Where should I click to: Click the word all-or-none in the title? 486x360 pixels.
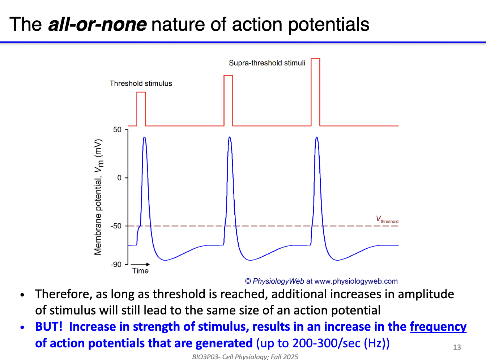[x=97, y=25]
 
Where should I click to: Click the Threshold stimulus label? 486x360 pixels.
[x=141, y=83]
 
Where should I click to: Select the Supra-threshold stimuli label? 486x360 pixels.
[x=267, y=63]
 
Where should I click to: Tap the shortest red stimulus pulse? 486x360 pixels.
[x=141, y=108]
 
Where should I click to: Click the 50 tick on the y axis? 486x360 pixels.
[x=117, y=129]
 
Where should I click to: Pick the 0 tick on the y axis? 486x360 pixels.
[x=119, y=178]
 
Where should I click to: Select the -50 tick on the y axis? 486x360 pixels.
[x=116, y=226]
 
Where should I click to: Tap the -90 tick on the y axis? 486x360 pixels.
[x=116, y=265]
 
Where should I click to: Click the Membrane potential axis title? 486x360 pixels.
[x=98, y=197]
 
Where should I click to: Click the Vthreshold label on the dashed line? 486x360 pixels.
[x=387, y=219]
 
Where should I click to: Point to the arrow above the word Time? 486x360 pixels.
[x=140, y=264]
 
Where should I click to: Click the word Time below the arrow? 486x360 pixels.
[x=140, y=271]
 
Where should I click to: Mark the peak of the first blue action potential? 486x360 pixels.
[x=144, y=138]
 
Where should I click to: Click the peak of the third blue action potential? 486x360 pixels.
[x=317, y=138]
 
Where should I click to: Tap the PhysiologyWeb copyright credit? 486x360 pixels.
[x=321, y=281]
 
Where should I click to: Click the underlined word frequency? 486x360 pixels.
[x=438, y=327]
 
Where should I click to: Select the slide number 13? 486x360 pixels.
[x=457, y=347]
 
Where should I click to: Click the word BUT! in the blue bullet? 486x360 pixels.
[x=49, y=327]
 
